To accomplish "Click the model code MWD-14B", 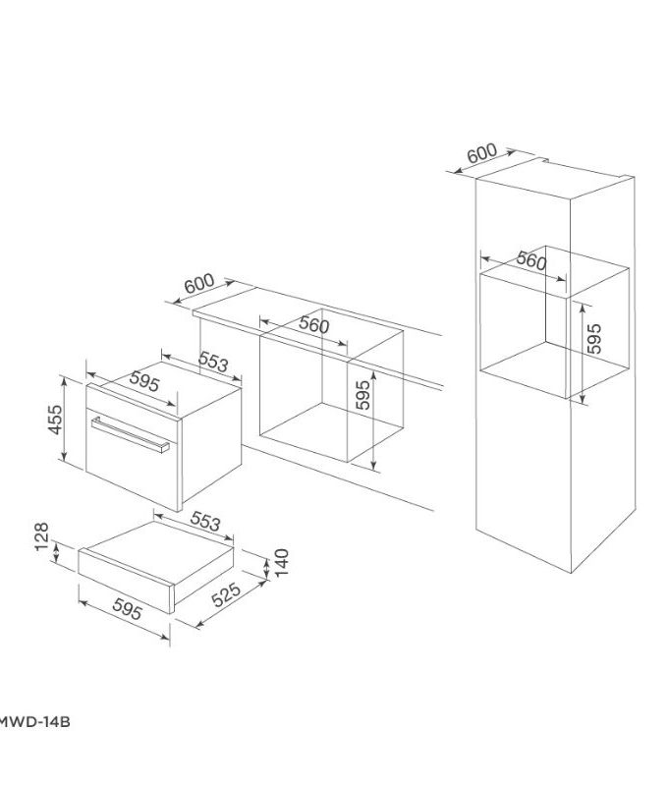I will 33,722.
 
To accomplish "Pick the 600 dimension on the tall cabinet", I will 483,154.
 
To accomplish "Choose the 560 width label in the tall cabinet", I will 530,260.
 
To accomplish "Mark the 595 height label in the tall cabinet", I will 593,338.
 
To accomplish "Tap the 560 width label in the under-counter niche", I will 313,326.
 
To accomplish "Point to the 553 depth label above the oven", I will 213,363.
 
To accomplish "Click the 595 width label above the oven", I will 144,382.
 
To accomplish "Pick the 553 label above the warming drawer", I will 204,521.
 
